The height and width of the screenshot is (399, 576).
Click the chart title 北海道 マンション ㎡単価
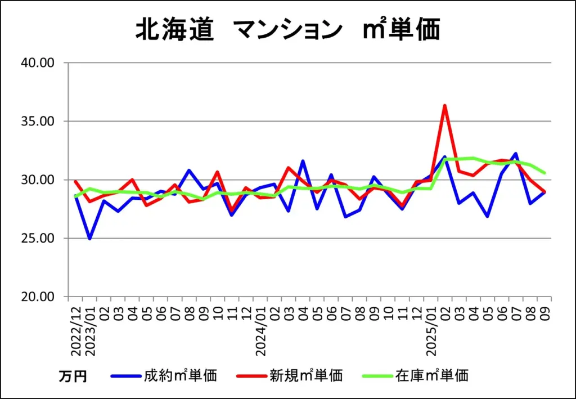point(287,30)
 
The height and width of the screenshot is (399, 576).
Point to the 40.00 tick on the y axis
point(37,62)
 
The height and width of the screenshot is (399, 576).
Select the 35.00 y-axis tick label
point(37,121)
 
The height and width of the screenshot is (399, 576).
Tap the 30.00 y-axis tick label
point(37,180)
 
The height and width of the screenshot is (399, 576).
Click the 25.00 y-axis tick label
point(37,238)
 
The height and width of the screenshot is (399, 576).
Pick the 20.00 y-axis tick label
point(37,297)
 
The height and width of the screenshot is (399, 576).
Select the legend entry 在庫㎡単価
point(432,375)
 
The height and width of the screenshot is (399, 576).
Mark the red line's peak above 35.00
point(445,105)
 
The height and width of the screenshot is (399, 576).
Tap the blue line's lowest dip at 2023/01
point(89,239)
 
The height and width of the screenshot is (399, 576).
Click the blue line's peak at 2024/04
point(303,161)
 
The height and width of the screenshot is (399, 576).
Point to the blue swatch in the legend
point(125,375)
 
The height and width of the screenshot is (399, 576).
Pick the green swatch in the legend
point(376,375)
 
